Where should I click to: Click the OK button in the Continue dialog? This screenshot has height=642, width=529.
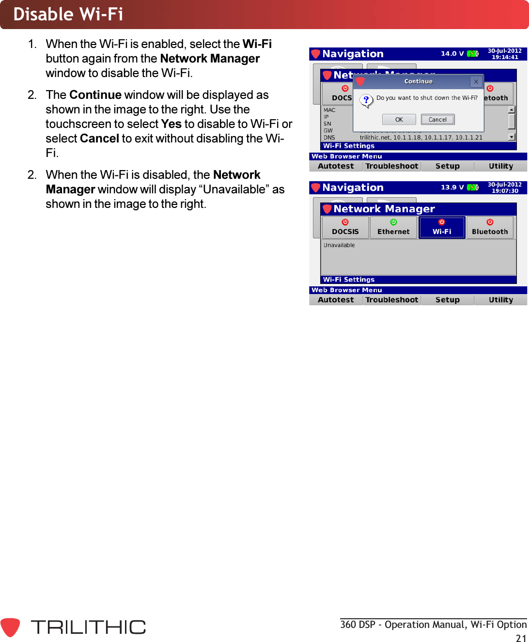click(x=399, y=120)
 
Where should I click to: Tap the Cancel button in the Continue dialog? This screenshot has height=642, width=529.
click(x=437, y=120)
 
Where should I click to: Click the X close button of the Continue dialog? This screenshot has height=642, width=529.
click(x=476, y=82)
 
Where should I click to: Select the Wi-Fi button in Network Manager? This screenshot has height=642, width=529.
click(x=442, y=228)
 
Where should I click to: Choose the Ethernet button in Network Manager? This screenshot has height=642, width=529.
click(x=393, y=228)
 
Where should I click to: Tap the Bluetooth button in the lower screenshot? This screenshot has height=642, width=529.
click(x=490, y=228)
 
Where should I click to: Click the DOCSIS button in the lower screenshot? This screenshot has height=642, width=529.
click(x=345, y=228)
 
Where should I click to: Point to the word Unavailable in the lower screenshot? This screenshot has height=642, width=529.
click(x=339, y=245)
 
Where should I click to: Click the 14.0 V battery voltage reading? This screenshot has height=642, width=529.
click(x=452, y=54)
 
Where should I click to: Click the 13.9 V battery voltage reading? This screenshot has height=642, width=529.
click(x=452, y=188)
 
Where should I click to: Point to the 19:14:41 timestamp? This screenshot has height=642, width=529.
click(x=505, y=57)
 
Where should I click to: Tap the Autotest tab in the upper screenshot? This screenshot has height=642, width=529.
click(x=336, y=166)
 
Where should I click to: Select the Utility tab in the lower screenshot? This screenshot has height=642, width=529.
click(x=500, y=300)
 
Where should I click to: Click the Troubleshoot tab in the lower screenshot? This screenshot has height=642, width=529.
click(x=392, y=300)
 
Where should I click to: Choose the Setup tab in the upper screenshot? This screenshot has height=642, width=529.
click(x=447, y=166)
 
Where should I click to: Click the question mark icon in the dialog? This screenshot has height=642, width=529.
click(x=366, y=101)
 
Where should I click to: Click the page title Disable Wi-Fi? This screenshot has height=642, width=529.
click(x=68, y=15)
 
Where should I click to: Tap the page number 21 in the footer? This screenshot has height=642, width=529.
click(x=521, y=638)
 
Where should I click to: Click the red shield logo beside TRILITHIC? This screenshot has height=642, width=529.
click(x=10, y=627)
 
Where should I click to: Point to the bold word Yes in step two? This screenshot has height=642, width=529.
click(x=171, y=124)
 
